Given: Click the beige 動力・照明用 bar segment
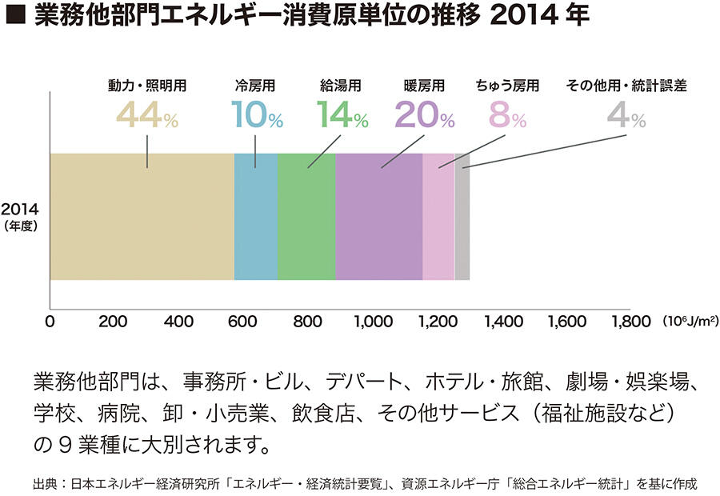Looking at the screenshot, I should click(x=142, y=216).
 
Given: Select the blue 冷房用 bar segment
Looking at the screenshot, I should click(x=256, y=216).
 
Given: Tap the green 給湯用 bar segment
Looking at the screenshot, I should click(x=306, y=216).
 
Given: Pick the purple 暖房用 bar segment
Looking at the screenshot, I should click(x=378, y=216).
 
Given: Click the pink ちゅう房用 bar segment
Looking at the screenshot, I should click(x=438, y=216).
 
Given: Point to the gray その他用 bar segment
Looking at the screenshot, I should click(x=462, y=216).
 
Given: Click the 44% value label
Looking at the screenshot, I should click(x=148, y=117).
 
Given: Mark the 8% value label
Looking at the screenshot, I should click(x=507, y=117).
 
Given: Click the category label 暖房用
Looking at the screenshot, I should click(x=424, y=85).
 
